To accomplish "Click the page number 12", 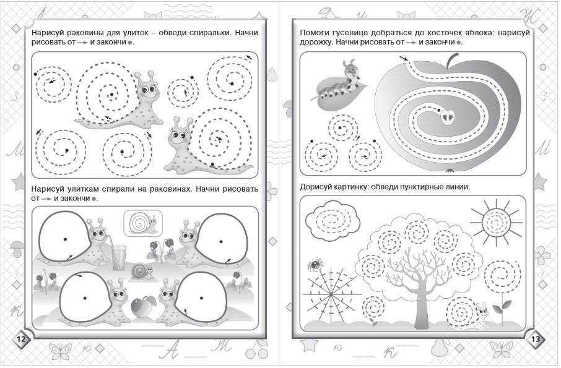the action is click(x=21, y=339).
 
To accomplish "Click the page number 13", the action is click(x=536, y=339).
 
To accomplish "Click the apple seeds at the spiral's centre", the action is click(x=447, y=116).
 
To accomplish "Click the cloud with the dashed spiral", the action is click(x=334, y=220).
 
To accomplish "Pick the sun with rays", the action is click(x=496, y=222).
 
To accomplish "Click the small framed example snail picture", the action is click(x=143, y=223).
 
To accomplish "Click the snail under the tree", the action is click(x=469, y=314).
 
